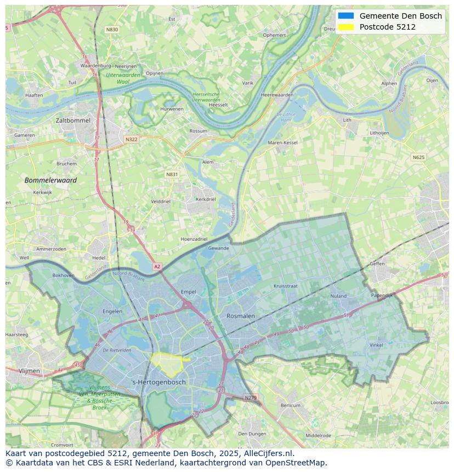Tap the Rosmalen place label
[x=241, y=316]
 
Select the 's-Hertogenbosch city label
[x=159, y=382]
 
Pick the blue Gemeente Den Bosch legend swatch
[x=346, y=16]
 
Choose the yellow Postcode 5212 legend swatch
[x=346, y=27]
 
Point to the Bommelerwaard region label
[x=50, y=180]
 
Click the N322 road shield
[x=131, y=139]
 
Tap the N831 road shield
[x=172, y=174]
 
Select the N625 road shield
[x=418, y=157]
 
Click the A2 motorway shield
[x=157, y=266]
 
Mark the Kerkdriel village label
[x=206, y=199]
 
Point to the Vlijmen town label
[x=29, y=371]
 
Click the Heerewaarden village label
[x=277, y=95]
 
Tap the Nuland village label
[x=338, y=296]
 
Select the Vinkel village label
[x=376, y=345]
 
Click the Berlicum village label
[x=291, y=405]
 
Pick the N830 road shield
[x=112, y=30]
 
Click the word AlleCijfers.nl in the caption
[x=266, y=453]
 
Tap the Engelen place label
[x=112, y=311]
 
